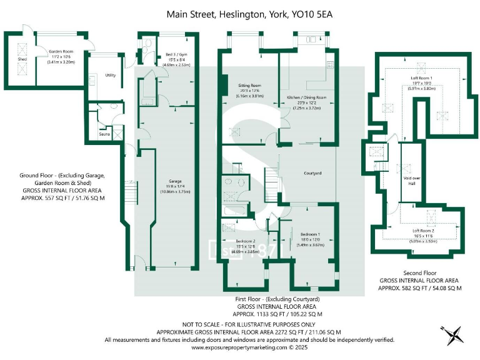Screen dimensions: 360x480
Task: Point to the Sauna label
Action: [105, 134]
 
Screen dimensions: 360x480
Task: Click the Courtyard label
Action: [312, 173]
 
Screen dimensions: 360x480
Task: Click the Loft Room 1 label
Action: [421, 77]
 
